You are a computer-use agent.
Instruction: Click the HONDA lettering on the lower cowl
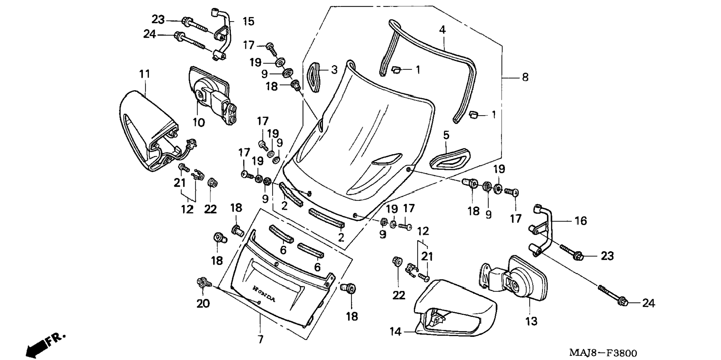(264, 294)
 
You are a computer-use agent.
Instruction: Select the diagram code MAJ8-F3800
(602, 353)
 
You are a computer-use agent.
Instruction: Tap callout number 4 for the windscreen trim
(442, 30)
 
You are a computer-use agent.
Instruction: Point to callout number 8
(525, 77)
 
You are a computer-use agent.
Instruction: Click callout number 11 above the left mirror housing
(145, 74)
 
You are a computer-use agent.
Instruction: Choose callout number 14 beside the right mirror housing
(395, 331)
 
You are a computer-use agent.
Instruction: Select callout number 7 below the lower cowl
(260, 339)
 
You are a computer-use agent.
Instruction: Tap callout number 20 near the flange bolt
(203, 304)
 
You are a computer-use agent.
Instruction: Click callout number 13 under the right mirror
(531, 321)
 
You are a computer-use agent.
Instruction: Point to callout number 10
(199, 122)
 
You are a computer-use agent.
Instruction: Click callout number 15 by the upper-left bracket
(248, 21)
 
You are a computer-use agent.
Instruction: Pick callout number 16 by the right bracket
(580, 221)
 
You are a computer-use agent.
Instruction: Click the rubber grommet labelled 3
(314, 77)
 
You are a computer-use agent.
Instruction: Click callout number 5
(446, 135)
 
